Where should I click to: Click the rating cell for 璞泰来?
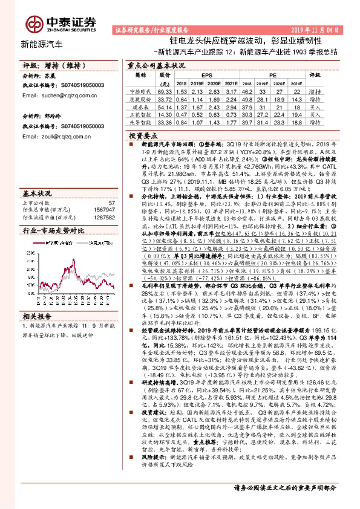(315, 106)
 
